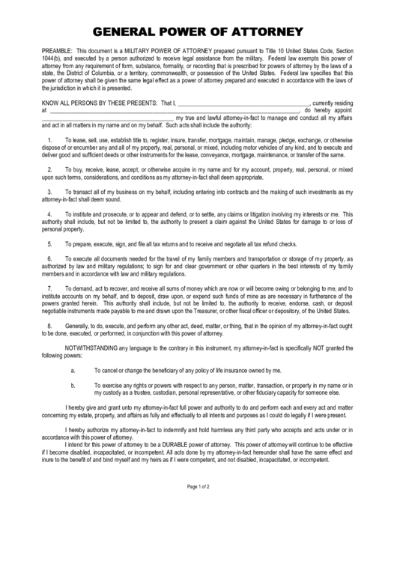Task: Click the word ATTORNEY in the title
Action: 267,31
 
